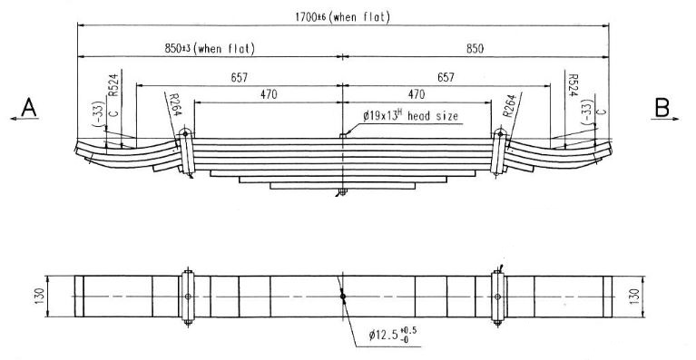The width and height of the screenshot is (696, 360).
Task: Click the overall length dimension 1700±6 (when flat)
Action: coord(342,17)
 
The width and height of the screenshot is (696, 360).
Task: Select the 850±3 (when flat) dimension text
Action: coord(210,48)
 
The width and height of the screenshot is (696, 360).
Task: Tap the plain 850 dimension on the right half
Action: coord(475,49)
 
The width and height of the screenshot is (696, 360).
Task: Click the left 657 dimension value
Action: coord(239,78)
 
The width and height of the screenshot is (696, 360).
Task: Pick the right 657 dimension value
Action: coord(446,78)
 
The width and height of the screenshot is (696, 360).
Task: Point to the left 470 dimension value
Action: coord(269,94)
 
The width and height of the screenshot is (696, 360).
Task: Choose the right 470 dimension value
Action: coord(416,94)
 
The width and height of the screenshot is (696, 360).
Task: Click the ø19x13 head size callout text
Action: coord(410,116)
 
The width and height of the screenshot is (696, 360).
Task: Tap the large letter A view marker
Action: coord(29,108)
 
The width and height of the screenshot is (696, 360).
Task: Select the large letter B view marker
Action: coord(662,108)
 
